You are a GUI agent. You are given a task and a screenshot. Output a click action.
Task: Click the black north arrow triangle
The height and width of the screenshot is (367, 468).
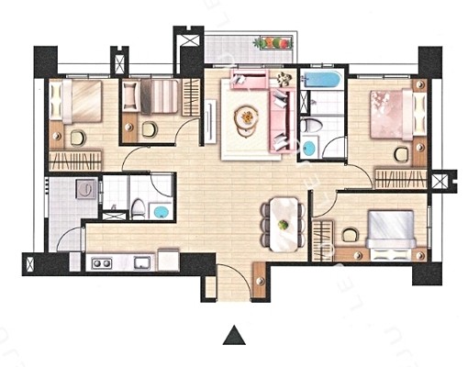235,335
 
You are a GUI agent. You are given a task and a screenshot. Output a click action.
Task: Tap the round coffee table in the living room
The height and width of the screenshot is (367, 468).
247,117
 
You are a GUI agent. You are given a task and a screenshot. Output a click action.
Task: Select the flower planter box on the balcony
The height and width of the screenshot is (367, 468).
274,42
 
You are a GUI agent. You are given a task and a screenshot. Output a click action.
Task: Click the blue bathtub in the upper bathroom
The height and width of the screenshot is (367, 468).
320,81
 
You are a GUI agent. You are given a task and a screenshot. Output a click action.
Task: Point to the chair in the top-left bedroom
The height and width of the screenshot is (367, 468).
77,138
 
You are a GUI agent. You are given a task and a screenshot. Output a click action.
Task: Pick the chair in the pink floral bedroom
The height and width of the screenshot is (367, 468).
401,153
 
